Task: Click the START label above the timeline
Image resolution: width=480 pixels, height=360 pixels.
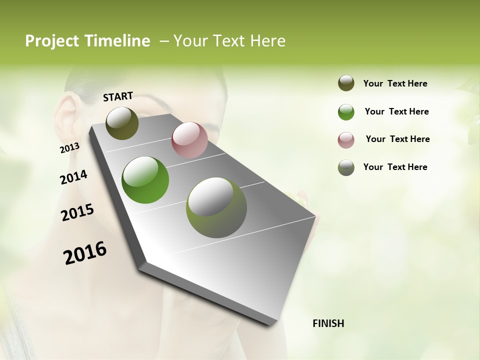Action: coord(118,96)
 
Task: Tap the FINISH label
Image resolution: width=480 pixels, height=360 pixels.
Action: coord(328,323)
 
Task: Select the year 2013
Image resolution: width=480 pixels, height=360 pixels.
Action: coord(69,148)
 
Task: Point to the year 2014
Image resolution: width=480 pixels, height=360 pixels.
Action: coord(73,177)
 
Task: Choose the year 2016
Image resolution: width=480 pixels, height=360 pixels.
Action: coord(85,253)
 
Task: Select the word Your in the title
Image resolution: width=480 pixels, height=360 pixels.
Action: coord(189,41)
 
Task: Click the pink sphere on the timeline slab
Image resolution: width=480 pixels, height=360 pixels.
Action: coord(189,140)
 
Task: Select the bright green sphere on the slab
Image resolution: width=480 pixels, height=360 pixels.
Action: coord(145,180)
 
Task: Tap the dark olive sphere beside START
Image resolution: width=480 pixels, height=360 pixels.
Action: coord(122,123)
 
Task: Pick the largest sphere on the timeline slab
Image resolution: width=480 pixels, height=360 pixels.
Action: coord(216,207)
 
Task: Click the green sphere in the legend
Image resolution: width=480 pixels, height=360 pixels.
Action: coord(346,112)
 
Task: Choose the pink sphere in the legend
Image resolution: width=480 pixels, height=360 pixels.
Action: coord(346,140)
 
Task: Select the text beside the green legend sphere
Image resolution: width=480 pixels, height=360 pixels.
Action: coord(396,111)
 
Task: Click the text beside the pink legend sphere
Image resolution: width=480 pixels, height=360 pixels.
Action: coord(397,139)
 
